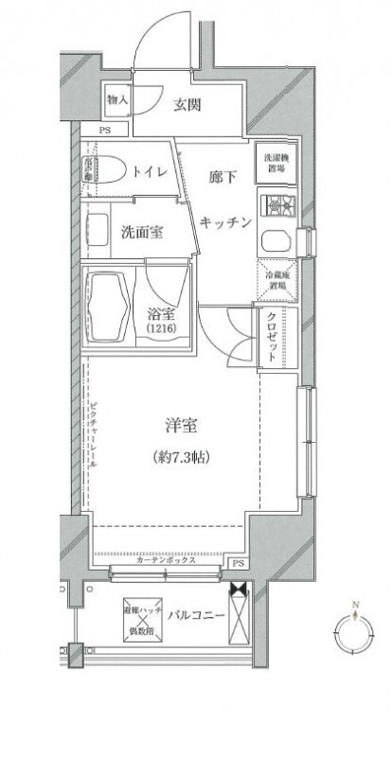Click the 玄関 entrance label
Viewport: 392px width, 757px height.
(x=187, y=105)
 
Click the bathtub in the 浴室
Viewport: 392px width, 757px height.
(x=110, y=307)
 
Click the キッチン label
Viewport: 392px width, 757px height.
(x=226, y=221)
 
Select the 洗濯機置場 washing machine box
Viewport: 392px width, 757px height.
(x=275, y=161)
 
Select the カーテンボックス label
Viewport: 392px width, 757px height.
(x=166, y=560)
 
